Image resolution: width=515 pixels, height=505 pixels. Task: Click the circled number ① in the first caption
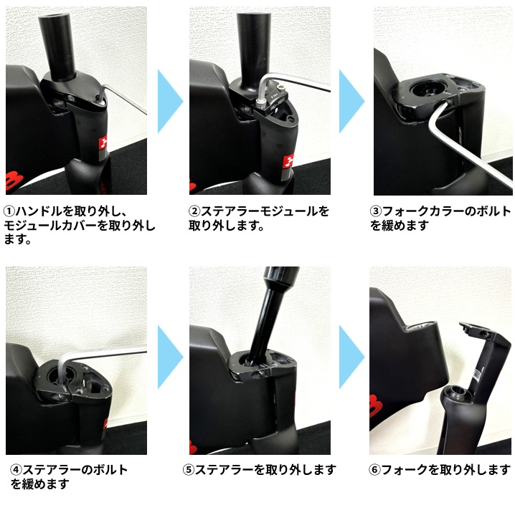[x=10, y=211]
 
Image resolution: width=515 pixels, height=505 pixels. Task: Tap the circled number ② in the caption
[x=194, y=211]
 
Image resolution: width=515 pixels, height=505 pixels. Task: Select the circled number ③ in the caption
[x=376, y=211]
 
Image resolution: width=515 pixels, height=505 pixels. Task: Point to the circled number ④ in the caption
[x=16, y=470]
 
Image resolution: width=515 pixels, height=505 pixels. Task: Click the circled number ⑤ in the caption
[x=189, y=470]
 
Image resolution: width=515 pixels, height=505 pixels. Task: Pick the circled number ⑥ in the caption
[x=374, y=470]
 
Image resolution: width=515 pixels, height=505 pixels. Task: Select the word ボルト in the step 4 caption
[x=110, y=470]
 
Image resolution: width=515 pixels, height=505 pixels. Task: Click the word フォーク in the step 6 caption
[x=399, y=470]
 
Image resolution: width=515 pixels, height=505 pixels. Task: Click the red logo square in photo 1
[x=104, y=143]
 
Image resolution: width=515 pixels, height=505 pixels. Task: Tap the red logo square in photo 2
[x=289, y=162]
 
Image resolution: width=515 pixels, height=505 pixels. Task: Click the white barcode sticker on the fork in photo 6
[x=477, y=374]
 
